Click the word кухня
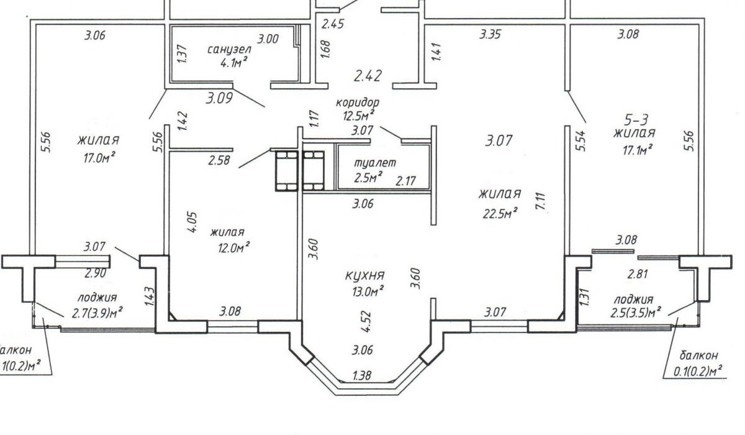point(366,275)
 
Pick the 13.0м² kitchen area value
point(366,290)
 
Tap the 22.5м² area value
point(500,213)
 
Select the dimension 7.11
point(541,203)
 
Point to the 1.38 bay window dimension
point(364,375)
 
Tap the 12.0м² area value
point(230,247)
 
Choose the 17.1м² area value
point(638,150)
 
